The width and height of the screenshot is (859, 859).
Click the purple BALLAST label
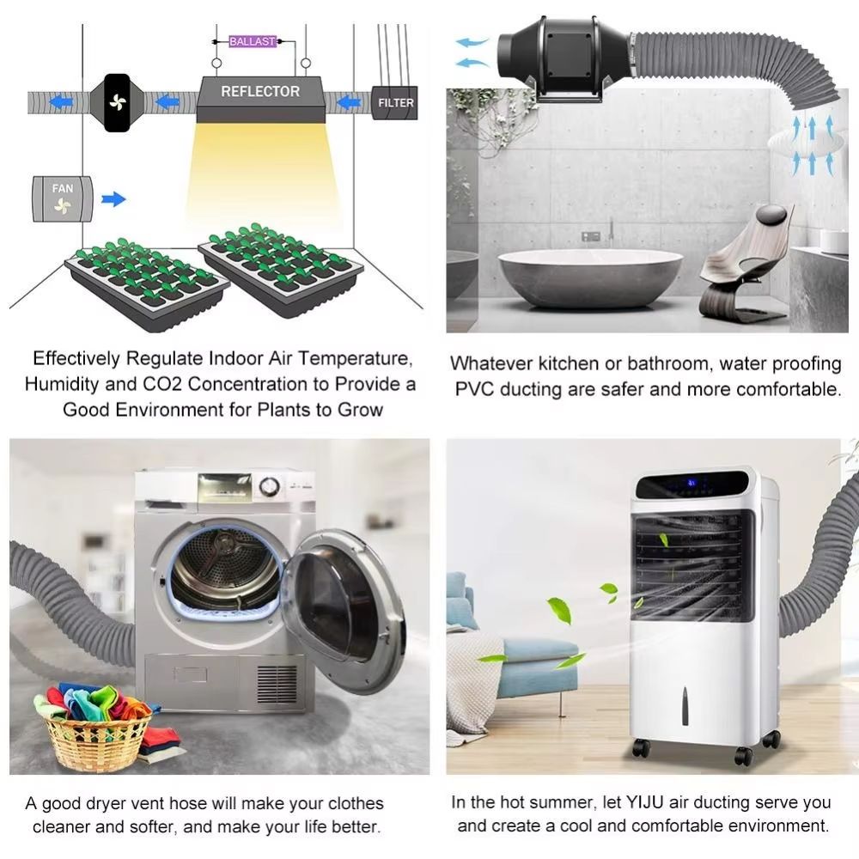coord(252,41)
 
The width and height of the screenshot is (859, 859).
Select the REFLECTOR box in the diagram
coord(261,99)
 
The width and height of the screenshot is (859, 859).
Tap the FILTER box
coord(395,102)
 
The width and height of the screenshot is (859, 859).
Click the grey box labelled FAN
coord(63,198)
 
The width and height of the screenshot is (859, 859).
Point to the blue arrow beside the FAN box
coord(113,199)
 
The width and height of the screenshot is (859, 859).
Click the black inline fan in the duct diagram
coord(117,102)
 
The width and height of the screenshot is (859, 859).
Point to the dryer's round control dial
coord(269,486)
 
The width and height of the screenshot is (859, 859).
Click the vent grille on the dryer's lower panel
coord(277,684)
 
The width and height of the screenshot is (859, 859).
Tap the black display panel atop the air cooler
coord(691,484)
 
